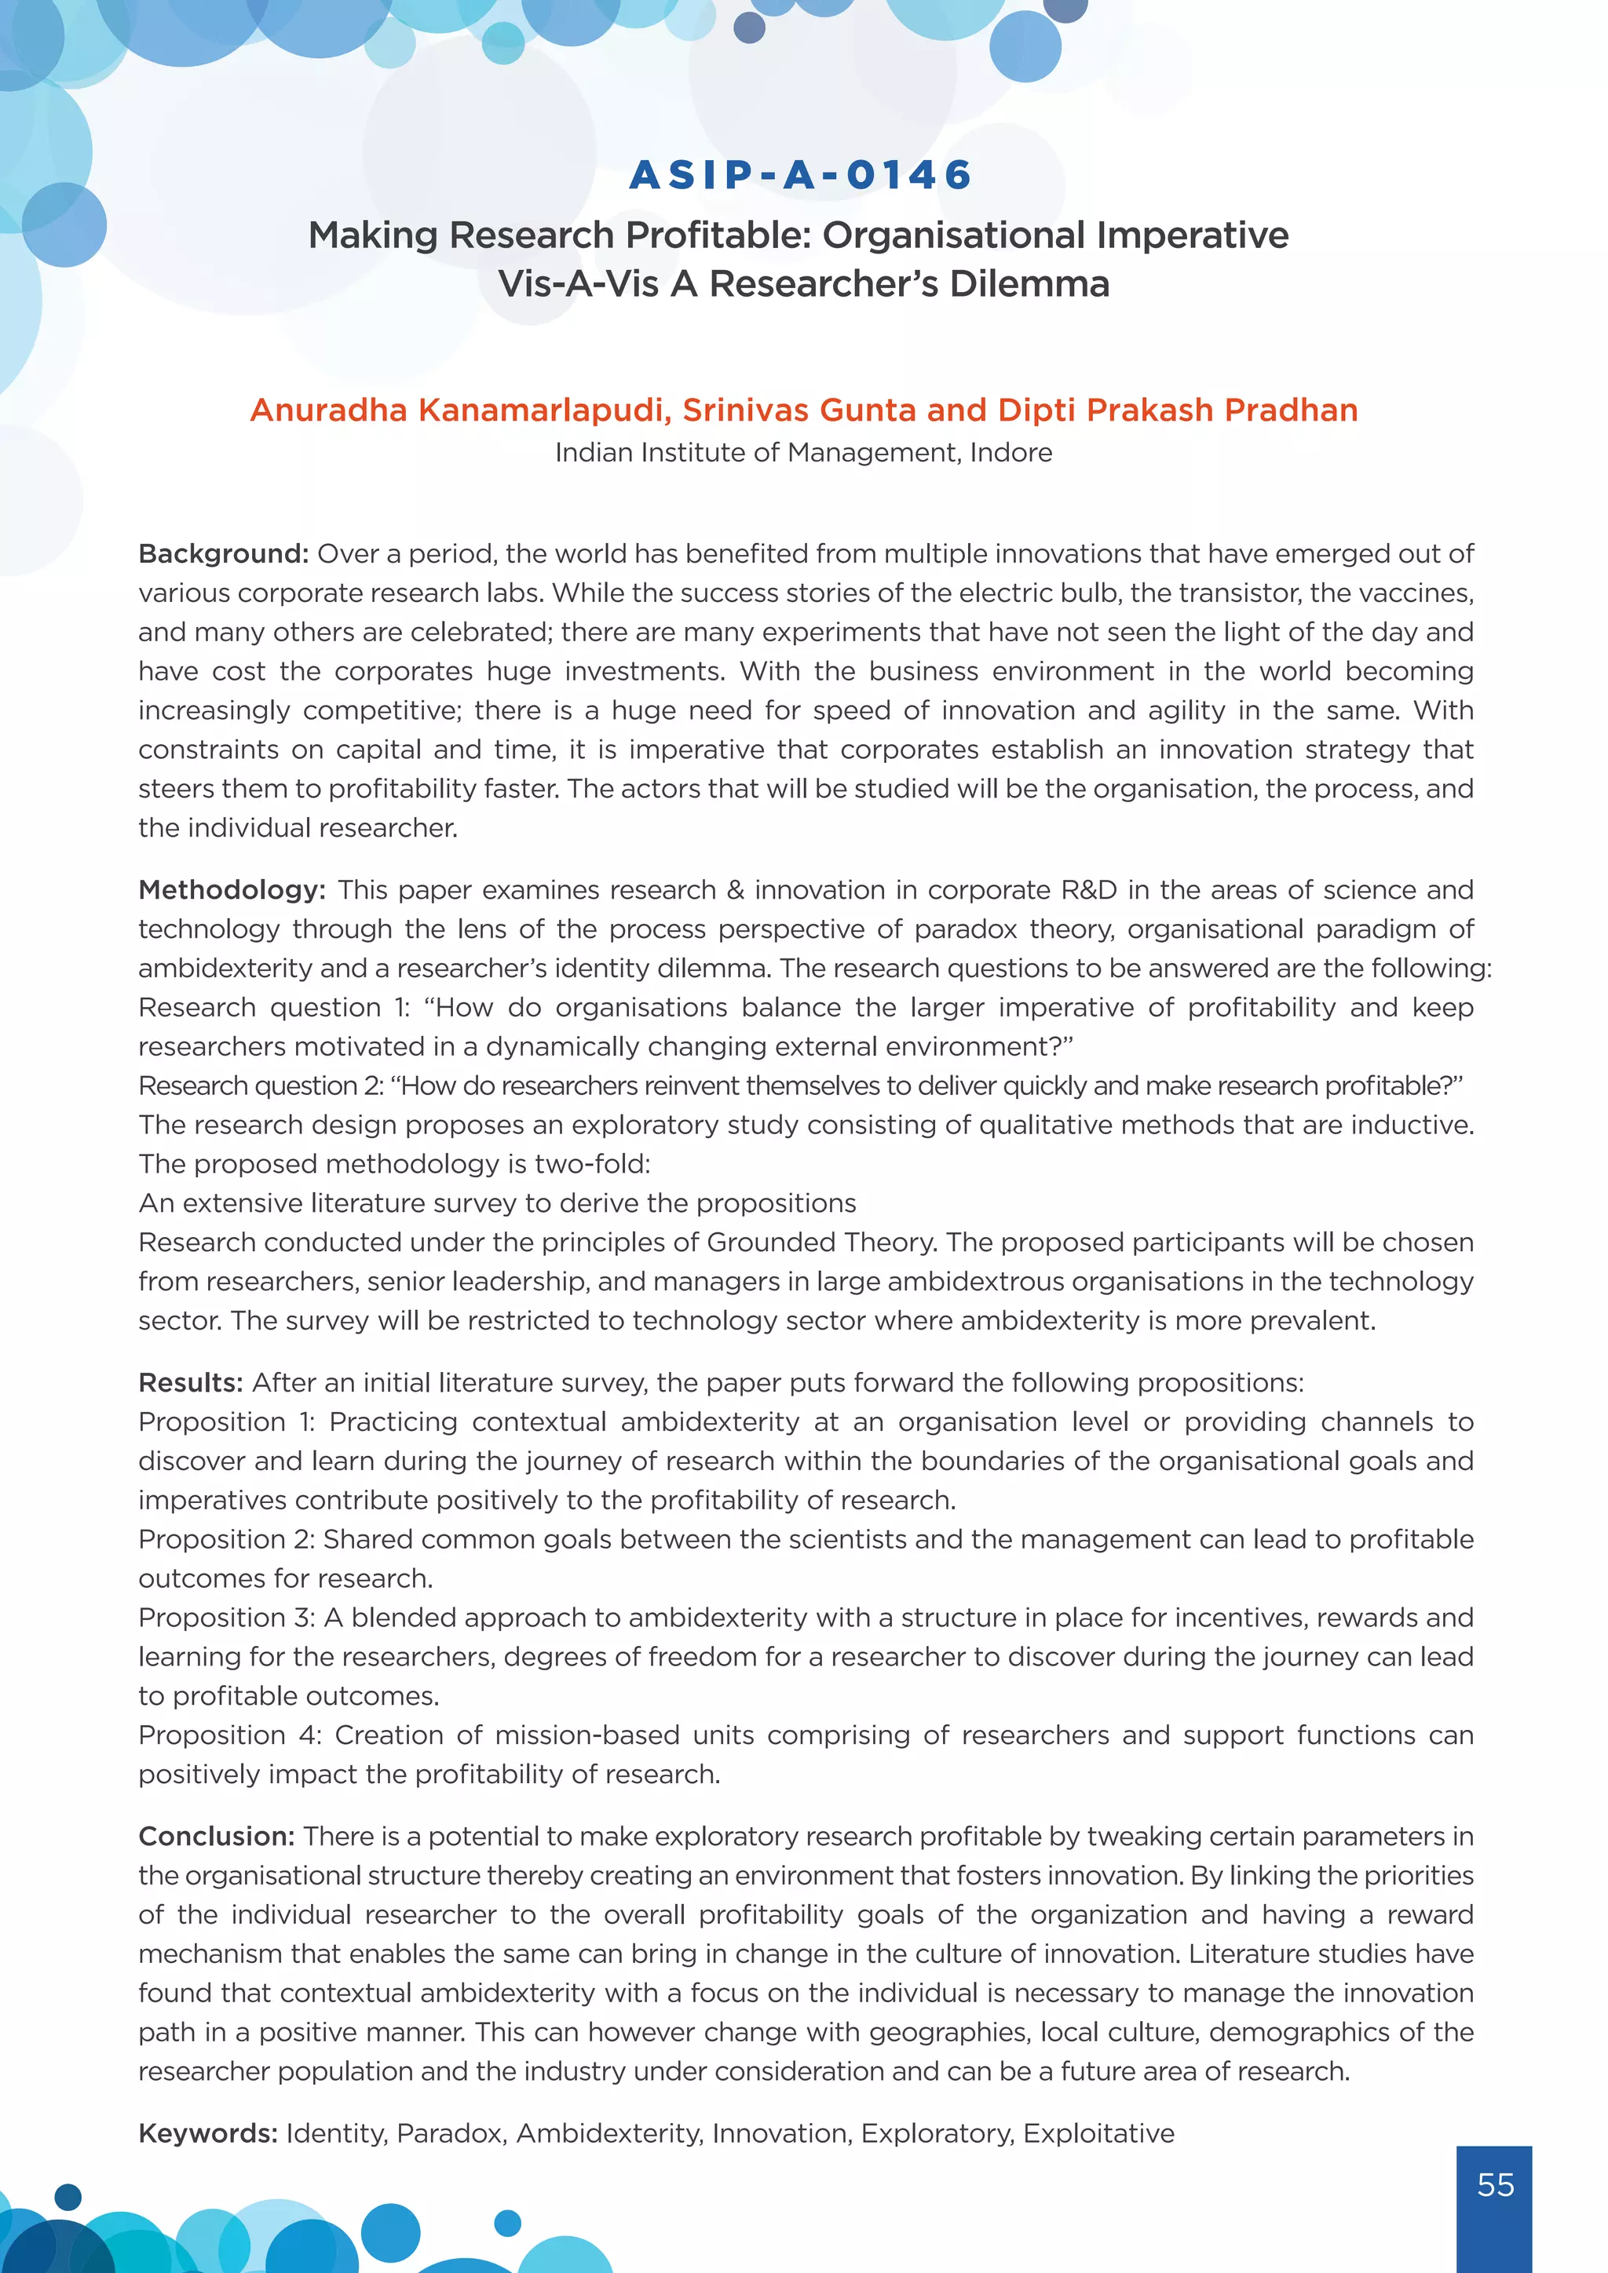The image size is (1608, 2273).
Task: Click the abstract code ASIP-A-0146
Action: point(801,175)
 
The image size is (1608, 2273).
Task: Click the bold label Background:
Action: point(224,553)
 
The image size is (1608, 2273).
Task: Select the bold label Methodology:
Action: point(232,890)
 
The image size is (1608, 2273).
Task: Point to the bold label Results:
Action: point(190,1382)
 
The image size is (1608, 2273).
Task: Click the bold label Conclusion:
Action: point(216,1837)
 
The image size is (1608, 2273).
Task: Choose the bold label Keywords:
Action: point(207,2133)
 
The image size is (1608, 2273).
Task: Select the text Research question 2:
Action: point(261,1086)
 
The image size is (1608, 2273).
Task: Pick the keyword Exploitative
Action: point(1098,2133)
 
